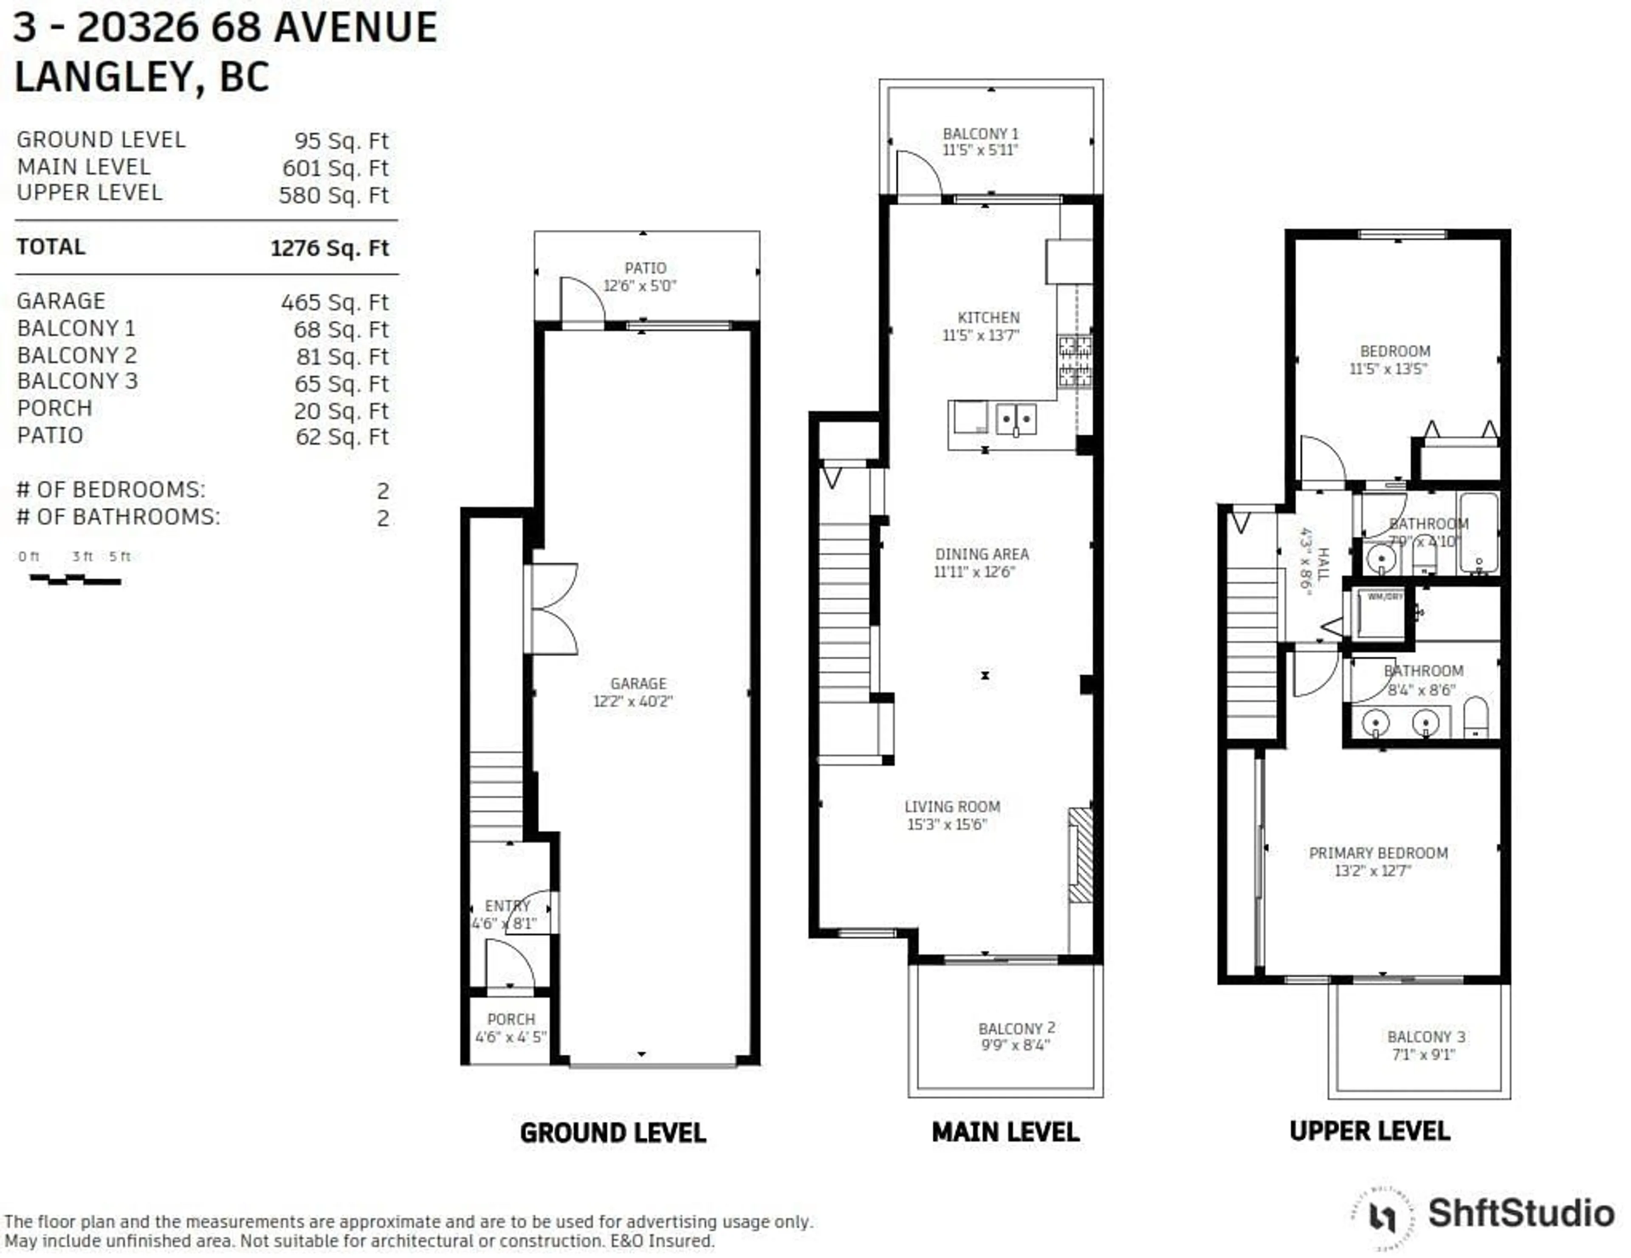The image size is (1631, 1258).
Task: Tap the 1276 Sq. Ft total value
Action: (329, 248)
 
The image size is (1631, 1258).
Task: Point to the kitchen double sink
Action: (1016, 419)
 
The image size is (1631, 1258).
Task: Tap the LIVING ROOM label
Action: (952, 807)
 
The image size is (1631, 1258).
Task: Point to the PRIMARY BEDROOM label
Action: (1378, 853)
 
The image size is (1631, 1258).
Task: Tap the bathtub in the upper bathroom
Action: (1479, 532)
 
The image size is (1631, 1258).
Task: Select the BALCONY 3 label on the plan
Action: (1425, 1037)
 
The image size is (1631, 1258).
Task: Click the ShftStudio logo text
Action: (1521, 1213)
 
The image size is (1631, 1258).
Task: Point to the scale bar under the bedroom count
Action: (75, 579)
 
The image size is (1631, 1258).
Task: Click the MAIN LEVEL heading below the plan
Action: (1005, 1132)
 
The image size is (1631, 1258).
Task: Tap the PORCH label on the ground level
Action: (511, 1019)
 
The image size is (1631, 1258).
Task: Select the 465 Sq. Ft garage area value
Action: (335, 303)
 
